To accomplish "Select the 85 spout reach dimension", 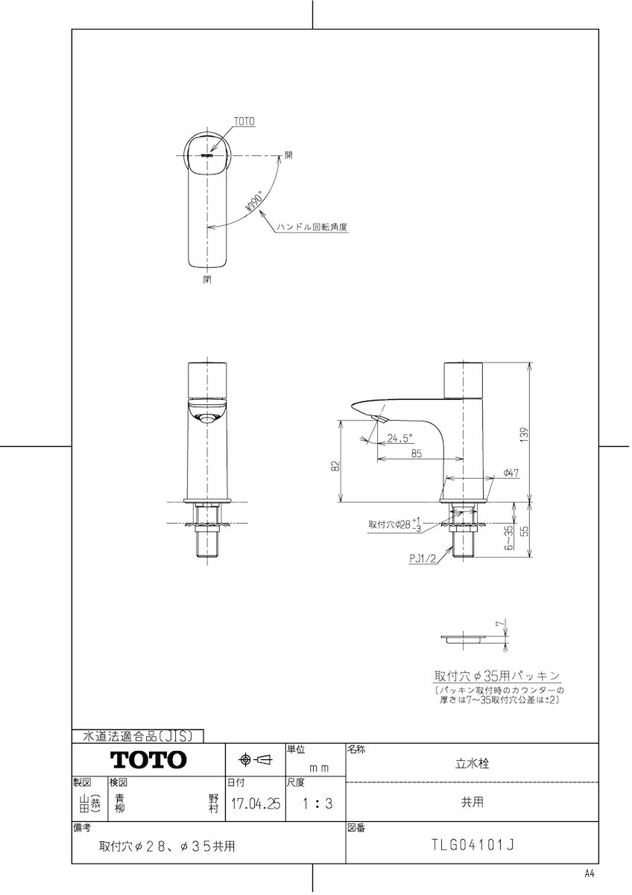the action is pyautogui.click(x=417, y=453).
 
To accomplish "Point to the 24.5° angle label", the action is pyautogui.click(x=399, y=439).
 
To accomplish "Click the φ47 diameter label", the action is pyautogui.click(x=511, y=473).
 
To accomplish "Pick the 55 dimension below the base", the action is pyautogui.click(x=525, y=530).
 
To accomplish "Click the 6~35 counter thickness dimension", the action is pyautogui.click(x=508, y=538).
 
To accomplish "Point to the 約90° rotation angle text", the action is pyautogui.click(x=253, y=201).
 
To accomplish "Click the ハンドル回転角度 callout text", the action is pyautogui.click(x=312, y=227).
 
